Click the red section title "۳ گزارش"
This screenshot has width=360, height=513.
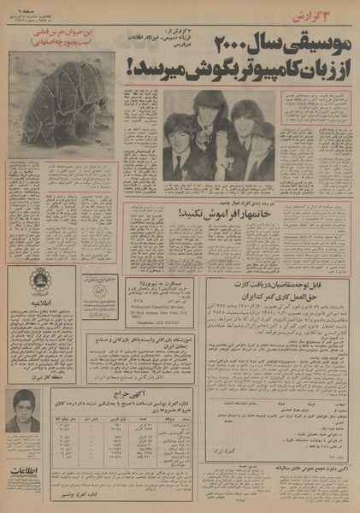pyautogui.click(x=328, y=15)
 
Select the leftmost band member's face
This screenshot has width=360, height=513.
pyautogui.click(x=180, y=136)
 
